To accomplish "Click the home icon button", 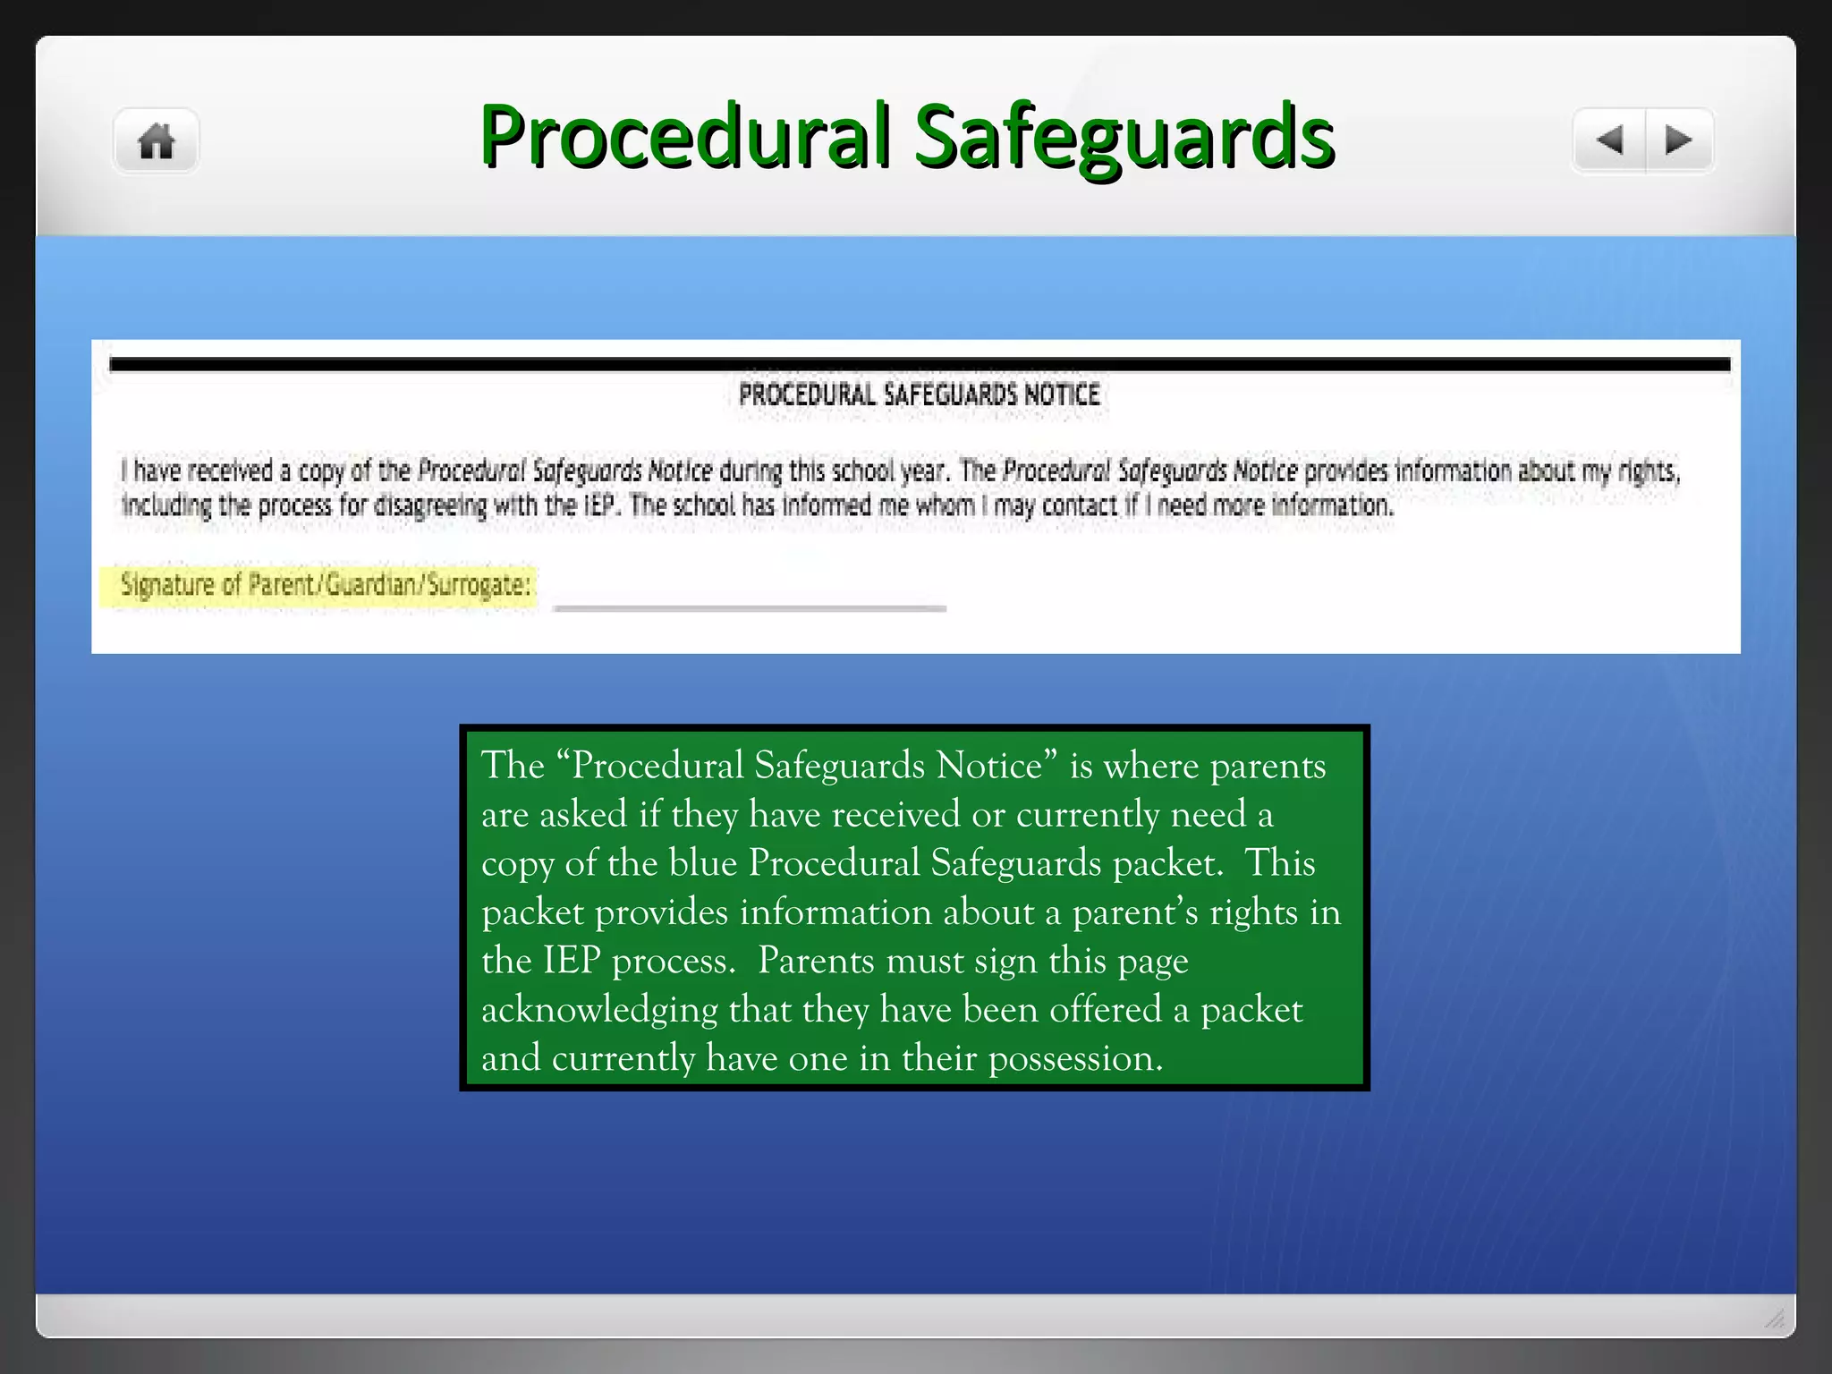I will [157, 141].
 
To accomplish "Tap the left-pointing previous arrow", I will [1610, 140].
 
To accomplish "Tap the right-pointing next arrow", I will [1679, 140].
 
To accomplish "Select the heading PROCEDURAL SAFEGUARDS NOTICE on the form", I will [920, 394].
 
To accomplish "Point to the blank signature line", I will [750, 607].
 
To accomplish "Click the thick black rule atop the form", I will [920, 364].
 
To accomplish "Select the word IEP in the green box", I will [572, 961].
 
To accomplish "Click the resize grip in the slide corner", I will [1775, 1319].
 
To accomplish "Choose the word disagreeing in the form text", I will [429, 506].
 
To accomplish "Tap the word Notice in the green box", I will [989, 766].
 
